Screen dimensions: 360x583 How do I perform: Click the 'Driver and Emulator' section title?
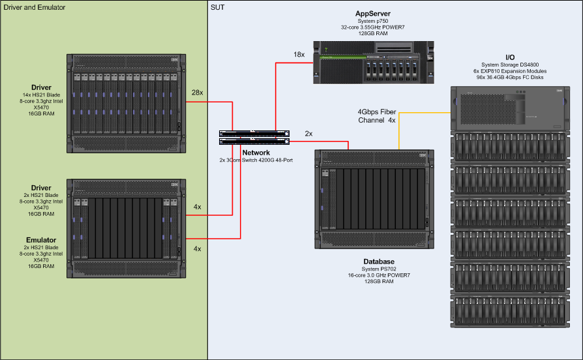34,7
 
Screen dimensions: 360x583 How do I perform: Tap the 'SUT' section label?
218,7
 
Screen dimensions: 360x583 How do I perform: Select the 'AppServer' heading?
374,13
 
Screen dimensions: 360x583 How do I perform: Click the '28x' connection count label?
196,93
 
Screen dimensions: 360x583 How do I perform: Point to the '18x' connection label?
299,55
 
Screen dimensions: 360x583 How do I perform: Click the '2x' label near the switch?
308,134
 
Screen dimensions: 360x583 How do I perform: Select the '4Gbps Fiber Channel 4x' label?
377,116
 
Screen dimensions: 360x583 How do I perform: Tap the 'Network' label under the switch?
256,153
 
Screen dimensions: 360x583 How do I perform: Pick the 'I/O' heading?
511,57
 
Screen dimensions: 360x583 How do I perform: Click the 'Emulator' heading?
41,240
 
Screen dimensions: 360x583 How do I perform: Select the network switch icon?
254,136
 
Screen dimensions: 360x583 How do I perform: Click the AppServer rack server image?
374,63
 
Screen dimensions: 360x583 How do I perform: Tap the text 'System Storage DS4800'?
511,64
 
